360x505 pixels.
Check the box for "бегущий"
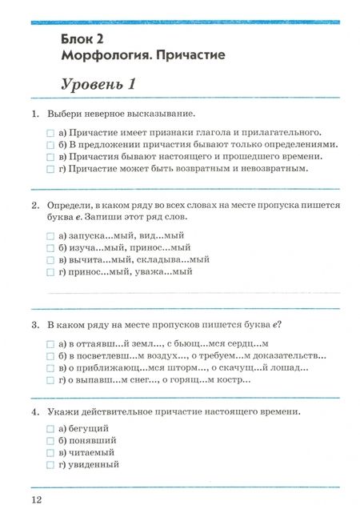point(50,428)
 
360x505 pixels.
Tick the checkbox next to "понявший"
point(50,440)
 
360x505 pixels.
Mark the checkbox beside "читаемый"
point(50,452)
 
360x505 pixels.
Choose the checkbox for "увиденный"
point(50,464)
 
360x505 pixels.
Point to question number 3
point(36,325)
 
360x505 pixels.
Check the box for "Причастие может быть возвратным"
point(50,169)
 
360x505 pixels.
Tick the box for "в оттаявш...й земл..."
point(50,343)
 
